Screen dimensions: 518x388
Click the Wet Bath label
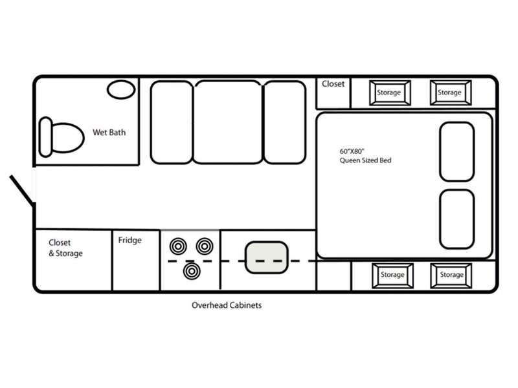(109, 133)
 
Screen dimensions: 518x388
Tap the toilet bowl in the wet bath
(68, 138)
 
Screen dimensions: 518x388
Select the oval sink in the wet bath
(121, 89)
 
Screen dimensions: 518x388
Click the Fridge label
(130, 240)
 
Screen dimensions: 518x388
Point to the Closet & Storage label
(65, 248)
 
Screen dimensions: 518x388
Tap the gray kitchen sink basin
(266, 257)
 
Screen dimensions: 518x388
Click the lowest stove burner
(192, 271)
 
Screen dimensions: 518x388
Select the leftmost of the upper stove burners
(178, 246)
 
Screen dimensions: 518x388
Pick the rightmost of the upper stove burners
(205, 246)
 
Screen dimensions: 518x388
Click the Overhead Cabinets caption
(227, 305)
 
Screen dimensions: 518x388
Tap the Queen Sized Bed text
(365, 160)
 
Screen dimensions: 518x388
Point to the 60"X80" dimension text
(352, 151)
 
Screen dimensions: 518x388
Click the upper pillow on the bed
(457, 152)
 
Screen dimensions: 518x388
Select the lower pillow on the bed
(457, 219)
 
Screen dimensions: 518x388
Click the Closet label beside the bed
(333, 84)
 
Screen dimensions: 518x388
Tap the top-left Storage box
(390, 92)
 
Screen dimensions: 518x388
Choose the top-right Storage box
(451, 92)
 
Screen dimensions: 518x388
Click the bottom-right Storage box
(451, 275)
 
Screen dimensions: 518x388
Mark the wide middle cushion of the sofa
(228, 122)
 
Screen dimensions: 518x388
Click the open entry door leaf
(22, 189)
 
